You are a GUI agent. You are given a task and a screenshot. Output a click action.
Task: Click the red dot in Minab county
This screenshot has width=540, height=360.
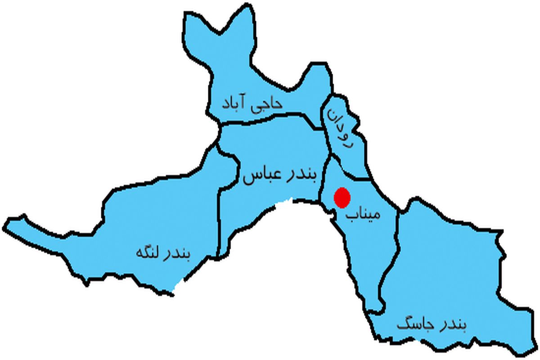[342, 198]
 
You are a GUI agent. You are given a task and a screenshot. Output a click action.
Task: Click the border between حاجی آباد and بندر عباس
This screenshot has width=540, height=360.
[270, 116]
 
